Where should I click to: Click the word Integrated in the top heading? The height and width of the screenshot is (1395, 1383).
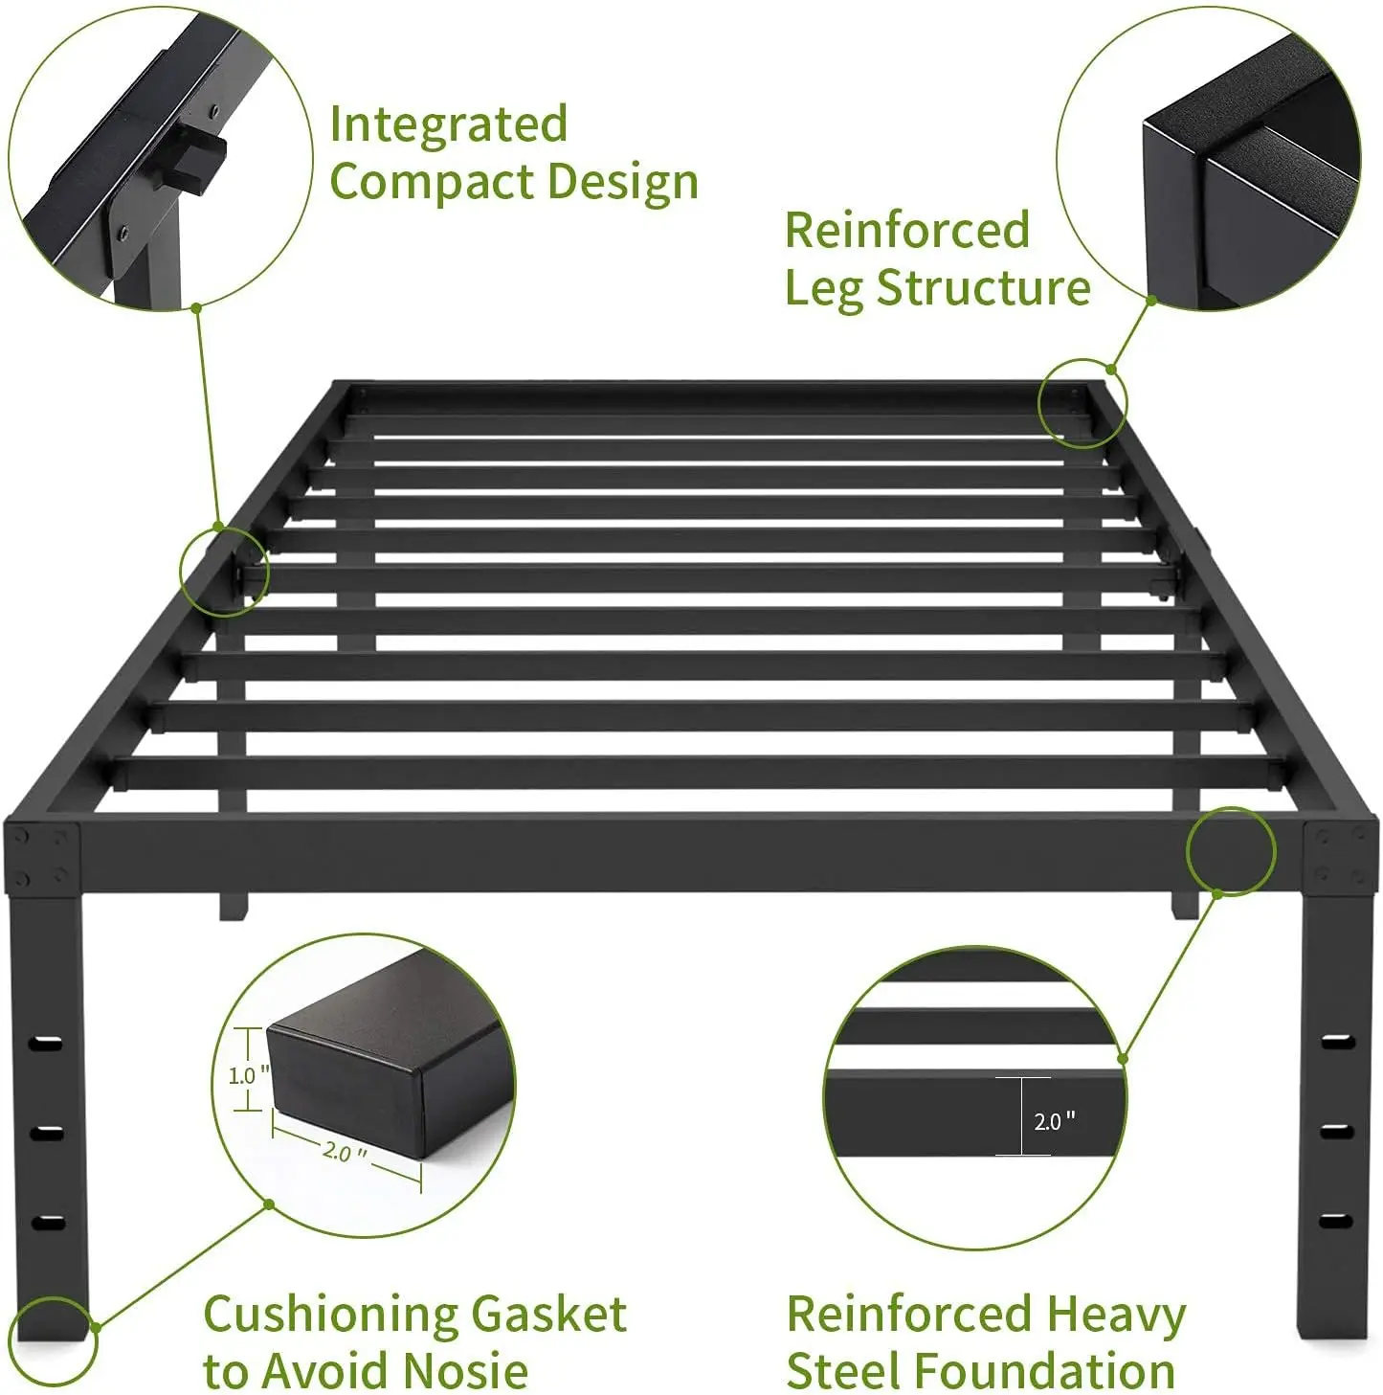pyautogui.click(x=448, y=125)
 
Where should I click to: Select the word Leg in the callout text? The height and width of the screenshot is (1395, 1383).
pyautogui.click(x=822, y=287)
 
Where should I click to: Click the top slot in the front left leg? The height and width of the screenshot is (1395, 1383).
pyautogui.click(x=45, y=1043)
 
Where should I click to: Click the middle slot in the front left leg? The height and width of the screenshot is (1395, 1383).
pyautogui.click(x=45, y=1133)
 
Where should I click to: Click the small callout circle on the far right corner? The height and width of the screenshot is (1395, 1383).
pyautogui.click(x=1082, y=403)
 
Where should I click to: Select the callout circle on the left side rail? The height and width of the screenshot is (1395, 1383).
pyautogui.click(x=224, y=571)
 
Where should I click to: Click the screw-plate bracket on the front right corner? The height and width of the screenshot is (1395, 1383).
pyautogui.click(x=1340, y=854)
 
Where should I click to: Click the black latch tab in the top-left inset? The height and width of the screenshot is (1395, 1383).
pyautogui.click(x=206, y=161)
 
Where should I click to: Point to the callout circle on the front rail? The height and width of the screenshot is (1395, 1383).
pyautogui.click(x=1230, y=851)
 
